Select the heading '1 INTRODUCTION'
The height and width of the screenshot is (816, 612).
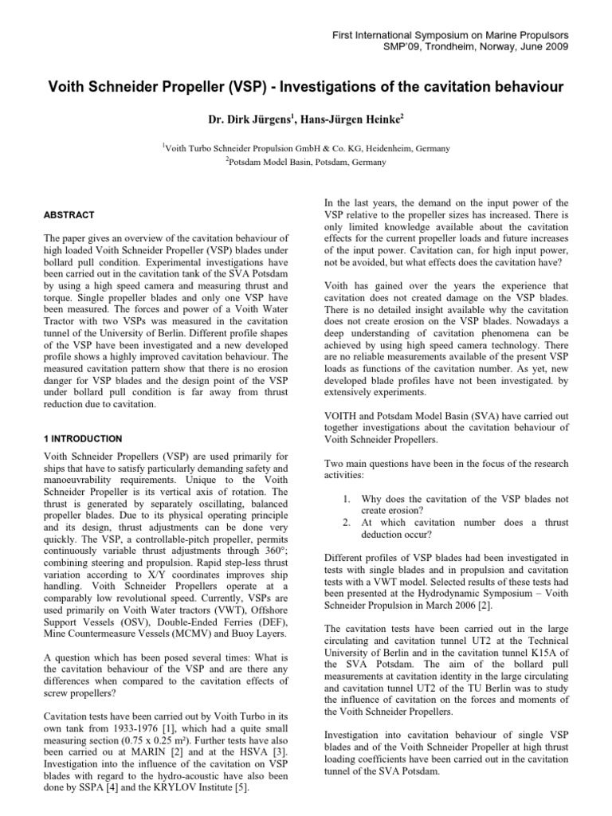(83, 438)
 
